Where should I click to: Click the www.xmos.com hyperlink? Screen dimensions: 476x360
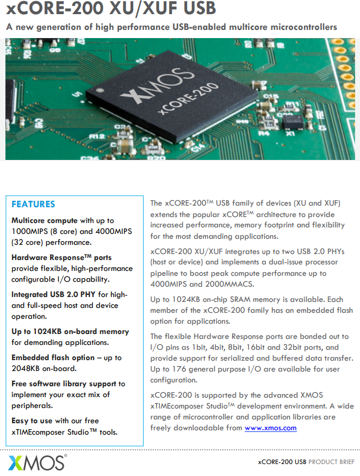click(270, 428)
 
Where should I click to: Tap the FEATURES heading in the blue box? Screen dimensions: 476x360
click(33, 205)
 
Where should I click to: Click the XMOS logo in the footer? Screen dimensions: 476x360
click(36, 462)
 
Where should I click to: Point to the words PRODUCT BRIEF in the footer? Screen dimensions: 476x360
click(331, 462)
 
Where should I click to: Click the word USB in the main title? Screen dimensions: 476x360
click(195, 9)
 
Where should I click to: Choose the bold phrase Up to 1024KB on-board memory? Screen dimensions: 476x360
click(70, 332)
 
